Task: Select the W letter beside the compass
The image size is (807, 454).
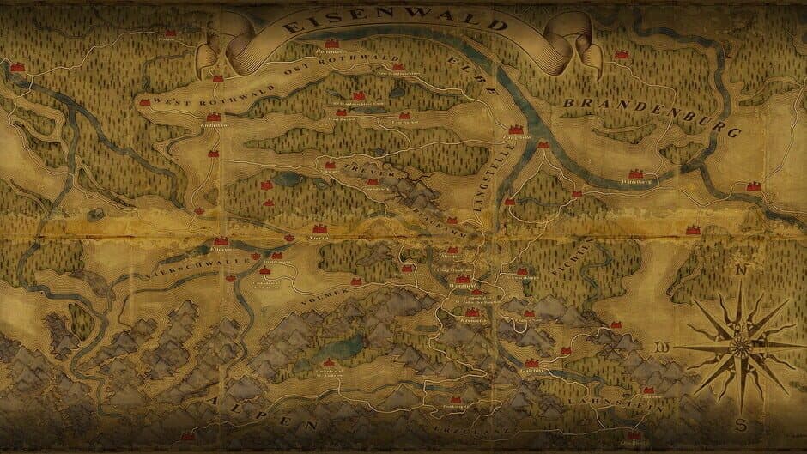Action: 663,348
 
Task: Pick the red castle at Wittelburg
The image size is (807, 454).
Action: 636,173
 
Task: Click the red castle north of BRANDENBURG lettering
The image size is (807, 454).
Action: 621,54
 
